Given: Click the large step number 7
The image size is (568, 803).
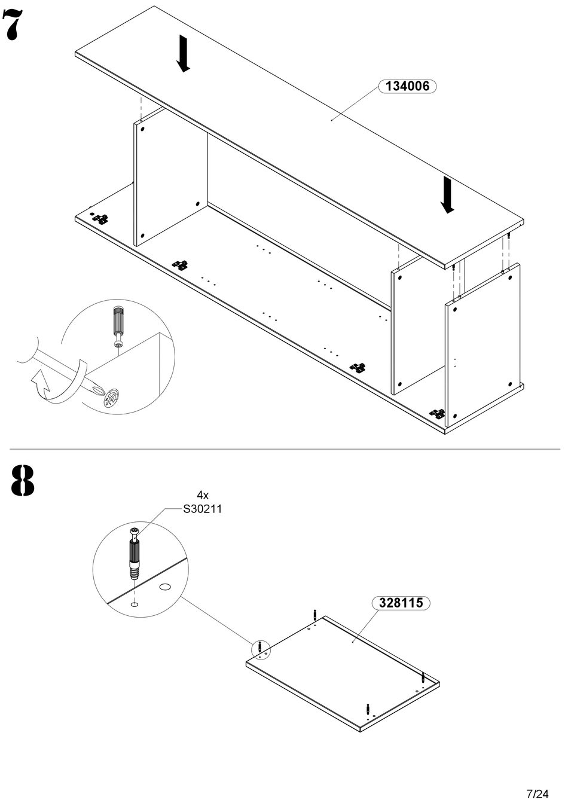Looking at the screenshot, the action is pos(12,25).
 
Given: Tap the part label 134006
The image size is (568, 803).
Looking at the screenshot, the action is pos(407,86).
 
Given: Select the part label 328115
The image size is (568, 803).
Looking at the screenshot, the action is pos(401,603).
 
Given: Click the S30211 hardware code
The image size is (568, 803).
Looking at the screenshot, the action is pos(203,509).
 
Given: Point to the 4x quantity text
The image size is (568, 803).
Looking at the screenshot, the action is pos(203,495).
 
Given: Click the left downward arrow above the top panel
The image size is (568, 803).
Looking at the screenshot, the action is pos(183,53).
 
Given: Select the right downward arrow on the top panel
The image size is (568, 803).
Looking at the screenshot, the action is pos(447,195).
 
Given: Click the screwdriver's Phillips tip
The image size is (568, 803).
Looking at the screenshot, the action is pos(96,388).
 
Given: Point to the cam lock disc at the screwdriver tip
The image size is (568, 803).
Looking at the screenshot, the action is pos(111,397).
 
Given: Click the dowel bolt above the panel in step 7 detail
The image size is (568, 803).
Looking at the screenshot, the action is pos(118,326).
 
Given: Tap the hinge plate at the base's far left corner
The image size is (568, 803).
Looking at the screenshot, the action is pos(101,218).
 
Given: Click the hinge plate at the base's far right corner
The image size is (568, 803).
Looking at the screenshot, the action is pos(438,413).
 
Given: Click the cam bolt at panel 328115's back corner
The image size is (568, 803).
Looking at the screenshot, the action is pos(315,615).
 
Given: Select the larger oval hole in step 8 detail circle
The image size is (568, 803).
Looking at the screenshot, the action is pos(165,587).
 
